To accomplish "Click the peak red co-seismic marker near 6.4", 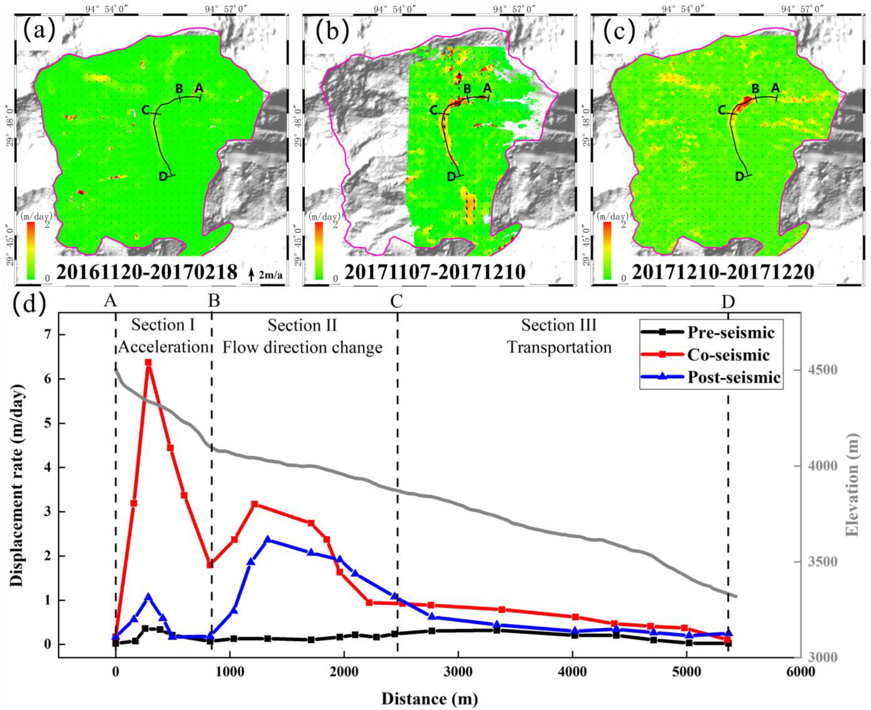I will [149, 362].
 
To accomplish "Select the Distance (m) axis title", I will [429, 698].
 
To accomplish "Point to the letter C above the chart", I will [397, 302].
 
